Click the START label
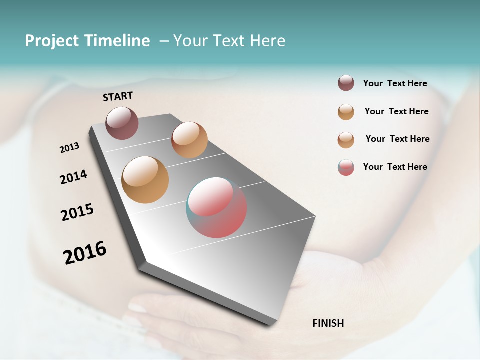tap(118, 96)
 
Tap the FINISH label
tap(328, 323)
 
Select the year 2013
tap(69, 148)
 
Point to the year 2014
tap(73, 177)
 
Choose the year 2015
tap(77, 212)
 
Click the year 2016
tap(85, 253)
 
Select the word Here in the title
tap(267, 41)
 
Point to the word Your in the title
tap(190, 41)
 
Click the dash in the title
tap(164, 41)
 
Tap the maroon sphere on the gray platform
tap(122, 123)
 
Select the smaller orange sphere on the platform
tap(189, 139)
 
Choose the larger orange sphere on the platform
tap(145, 179)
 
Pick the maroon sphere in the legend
tap(346, 83)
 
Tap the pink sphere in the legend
tap(346, 167)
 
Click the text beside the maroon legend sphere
tap(395, 83)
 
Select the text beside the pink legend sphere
tap(395, 167)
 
